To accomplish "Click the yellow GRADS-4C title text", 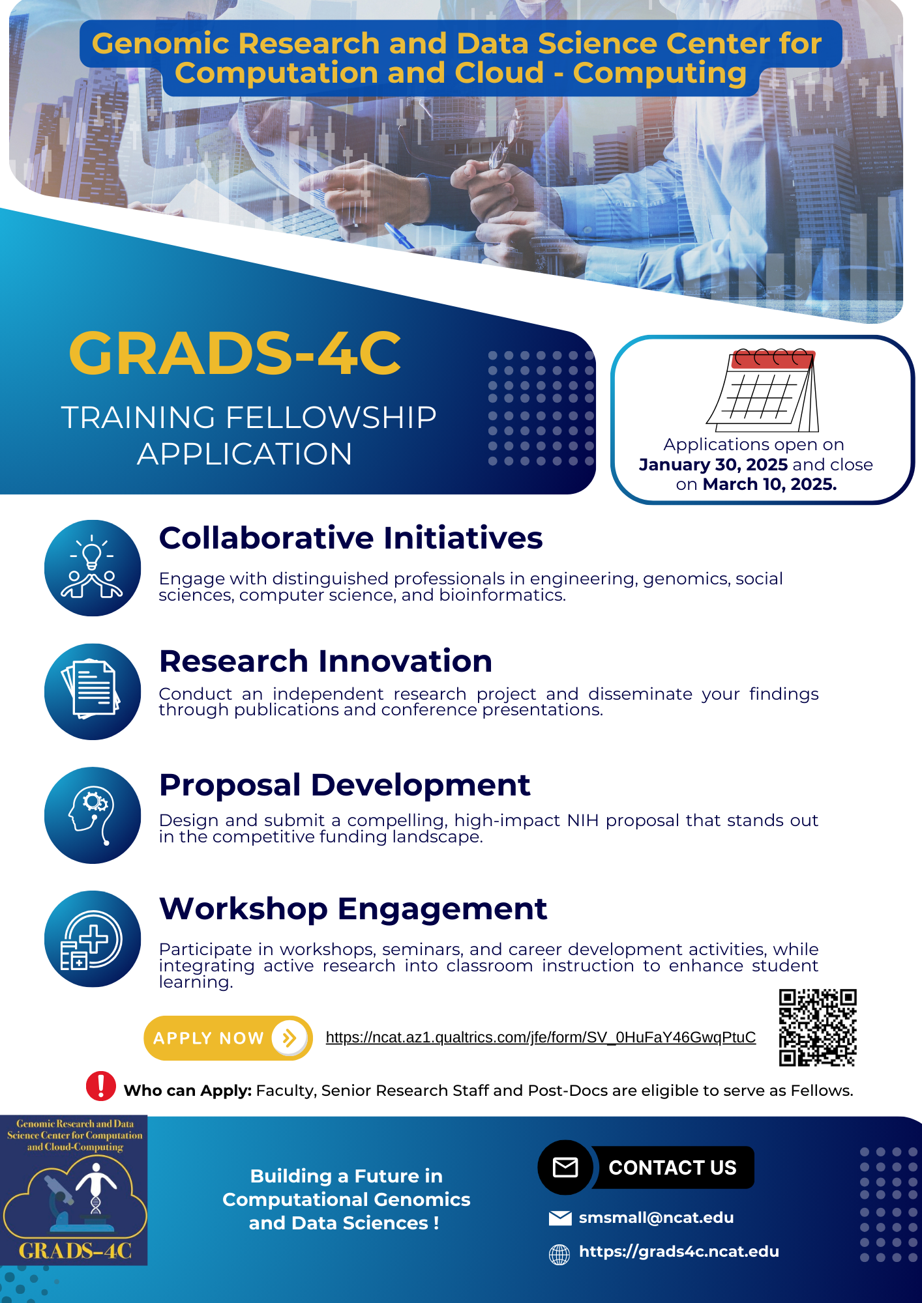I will tap(235, 353).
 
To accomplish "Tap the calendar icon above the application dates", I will tap(763, 391).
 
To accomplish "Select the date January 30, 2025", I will tap(713, 465).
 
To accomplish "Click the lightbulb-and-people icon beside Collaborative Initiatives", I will tap(93, 568).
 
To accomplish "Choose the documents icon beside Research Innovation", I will tap(93, 691).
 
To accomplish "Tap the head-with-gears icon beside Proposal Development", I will tap(93, 815).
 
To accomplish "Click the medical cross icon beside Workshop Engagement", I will tap(93, 939).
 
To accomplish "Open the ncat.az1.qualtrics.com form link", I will tap(541, 1037).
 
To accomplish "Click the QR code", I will tap(817, 1027).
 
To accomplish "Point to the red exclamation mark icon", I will tap(101, 1085).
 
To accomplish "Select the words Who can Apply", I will tap(188, 1091).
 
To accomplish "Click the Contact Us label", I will tap(672, 1167).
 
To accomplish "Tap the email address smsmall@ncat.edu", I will tap(656, 1218).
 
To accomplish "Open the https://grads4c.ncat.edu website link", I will tap(679, 1252).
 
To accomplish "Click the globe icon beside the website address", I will tap(559, 1254).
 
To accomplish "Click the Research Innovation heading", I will tap(325, 661).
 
